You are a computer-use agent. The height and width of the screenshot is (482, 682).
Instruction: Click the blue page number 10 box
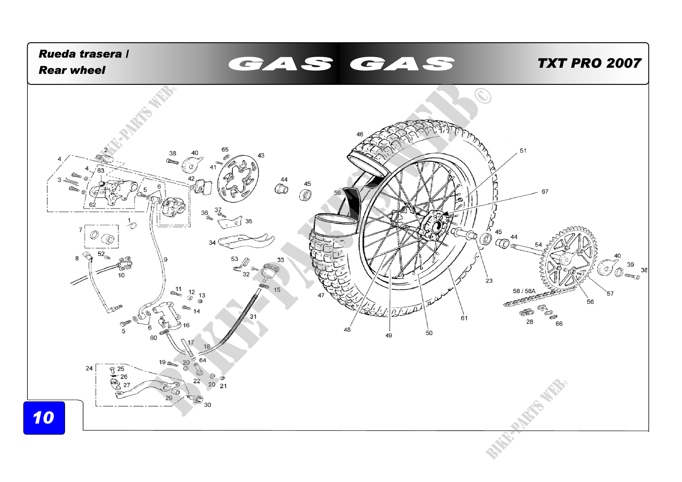click(x=44, y=418)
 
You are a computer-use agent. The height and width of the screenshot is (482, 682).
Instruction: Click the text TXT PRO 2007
click(x=589, y=63)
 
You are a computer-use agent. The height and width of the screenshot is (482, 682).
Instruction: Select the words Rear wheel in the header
click(x=72, y=70)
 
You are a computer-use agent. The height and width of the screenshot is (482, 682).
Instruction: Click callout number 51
click(x=523, y=151)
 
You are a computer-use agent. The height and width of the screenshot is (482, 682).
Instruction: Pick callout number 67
click(x=545, y=192)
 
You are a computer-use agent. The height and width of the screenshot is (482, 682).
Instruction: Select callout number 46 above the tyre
click(x=360, y=134)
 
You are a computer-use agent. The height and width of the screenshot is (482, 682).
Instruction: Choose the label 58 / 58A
click(x=524, y=291)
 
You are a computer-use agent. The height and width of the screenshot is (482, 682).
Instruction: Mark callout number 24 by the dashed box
click(x=89, y=368)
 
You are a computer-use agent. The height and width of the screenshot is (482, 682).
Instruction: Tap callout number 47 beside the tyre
click(x=321, y=295)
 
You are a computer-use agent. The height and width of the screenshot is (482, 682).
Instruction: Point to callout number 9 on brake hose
click(x=165, y=260)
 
